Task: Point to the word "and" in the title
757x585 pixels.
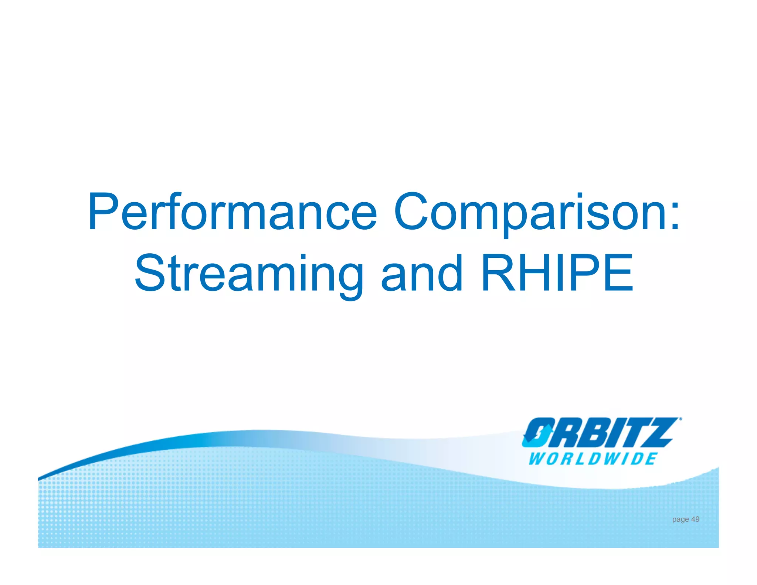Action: pyautogui.click(x=422, y=274)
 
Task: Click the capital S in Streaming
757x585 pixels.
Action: pyautogui.click(x=149, y=273)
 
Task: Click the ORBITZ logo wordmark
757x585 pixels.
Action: pyautogui.click(x=600, y=433)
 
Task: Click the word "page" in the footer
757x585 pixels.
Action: pyautogui.click(x=680, y=520)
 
